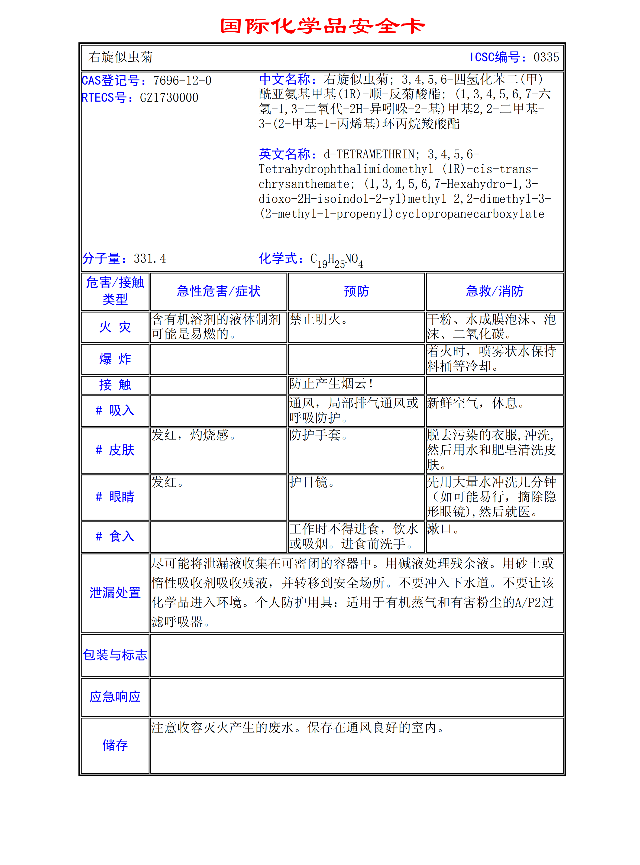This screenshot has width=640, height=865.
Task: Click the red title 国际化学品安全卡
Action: coord(322,26)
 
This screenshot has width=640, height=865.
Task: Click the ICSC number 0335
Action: coord(546,57)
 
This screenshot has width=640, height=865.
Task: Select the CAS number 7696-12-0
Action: coord(182,80)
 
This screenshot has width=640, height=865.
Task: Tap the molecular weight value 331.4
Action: coord(150,258)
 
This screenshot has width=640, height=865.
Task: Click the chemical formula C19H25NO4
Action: coord(337,260)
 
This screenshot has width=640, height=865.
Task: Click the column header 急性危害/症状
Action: coord(218,291)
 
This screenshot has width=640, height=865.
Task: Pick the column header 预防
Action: coord(356,291)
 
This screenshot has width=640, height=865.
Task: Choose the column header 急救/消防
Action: coord(494,291)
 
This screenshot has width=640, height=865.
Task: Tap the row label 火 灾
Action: coord(115,327)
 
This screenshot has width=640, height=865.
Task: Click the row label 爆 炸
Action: coord(115,359)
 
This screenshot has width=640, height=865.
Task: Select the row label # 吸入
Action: coord(115,410)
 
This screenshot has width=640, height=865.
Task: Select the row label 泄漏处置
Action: coord(115,593)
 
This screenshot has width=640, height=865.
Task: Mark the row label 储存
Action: coord(115,745)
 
